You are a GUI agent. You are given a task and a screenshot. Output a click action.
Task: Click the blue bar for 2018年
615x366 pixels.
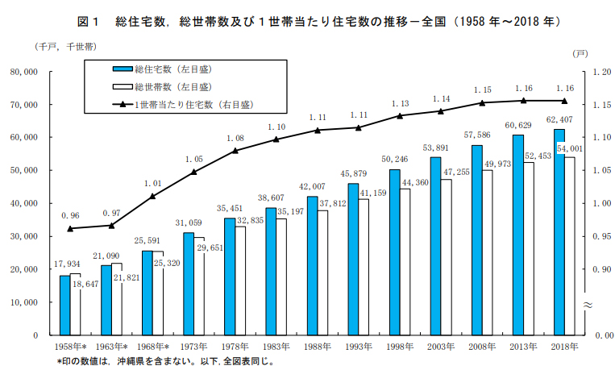click(559, 232)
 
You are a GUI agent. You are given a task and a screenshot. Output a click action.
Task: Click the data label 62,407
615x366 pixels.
click(559, 120)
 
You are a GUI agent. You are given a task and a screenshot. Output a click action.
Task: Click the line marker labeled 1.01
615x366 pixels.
click(153, 196)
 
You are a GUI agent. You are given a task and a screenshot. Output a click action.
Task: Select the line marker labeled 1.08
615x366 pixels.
click(235, 151)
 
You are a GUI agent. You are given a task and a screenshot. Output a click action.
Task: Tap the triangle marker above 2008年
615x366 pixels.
click(482, 102)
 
